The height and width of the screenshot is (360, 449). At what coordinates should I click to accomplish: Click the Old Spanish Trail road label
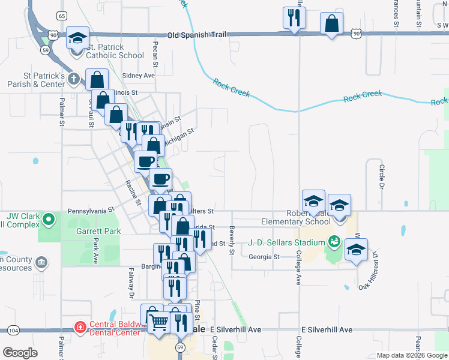(x=197, y=35)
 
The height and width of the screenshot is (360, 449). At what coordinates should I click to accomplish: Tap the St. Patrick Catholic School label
(x=116, y=51)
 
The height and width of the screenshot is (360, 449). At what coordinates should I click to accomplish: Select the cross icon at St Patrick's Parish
(x=73, y=79)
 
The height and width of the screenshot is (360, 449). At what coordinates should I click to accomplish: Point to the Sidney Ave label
(x=138, y=76)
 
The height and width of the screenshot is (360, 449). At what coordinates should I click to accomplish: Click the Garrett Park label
(x=98, y=231)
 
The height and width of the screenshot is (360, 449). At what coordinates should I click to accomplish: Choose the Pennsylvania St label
(x=91, y=211)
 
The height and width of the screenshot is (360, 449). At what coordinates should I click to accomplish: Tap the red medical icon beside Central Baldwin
(x=79, y=327)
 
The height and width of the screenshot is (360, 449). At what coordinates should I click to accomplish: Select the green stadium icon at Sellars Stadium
(x=334, y=243)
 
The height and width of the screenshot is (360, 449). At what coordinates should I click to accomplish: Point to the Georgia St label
(x=264, y=257)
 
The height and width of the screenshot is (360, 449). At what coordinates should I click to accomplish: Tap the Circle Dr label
(x=381, y=176)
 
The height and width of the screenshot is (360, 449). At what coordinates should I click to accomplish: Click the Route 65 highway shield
(x=62, y=16)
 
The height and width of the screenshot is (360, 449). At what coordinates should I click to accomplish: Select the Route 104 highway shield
(x=14, y=331)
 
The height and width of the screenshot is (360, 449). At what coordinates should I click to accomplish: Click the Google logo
(x=20, y=352)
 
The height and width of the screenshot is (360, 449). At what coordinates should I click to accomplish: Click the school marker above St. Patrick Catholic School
(x=77, y=38)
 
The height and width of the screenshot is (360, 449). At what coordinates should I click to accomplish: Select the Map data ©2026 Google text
(x=411, y=355)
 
